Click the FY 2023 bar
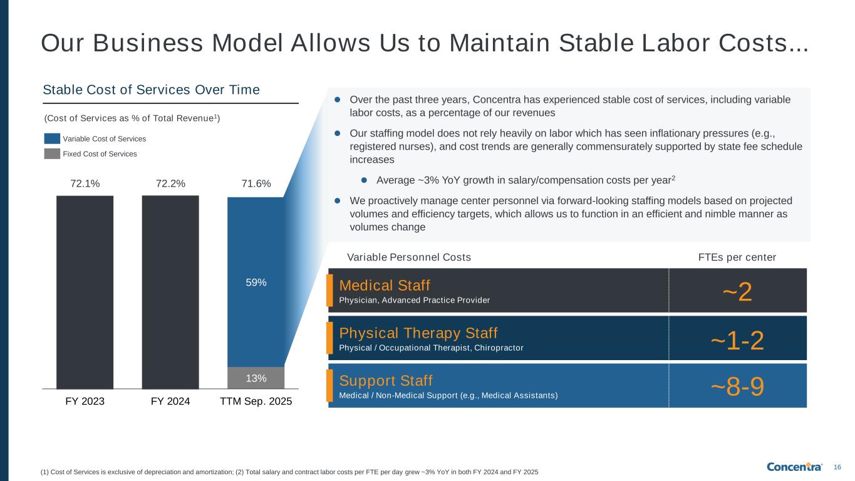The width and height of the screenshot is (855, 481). coord(85,292)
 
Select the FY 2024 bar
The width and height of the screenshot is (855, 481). coord(170,292)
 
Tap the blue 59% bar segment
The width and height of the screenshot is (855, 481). coord(256,282)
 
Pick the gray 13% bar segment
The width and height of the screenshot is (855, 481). coord(256,378)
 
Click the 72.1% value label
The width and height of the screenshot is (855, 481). coord(85,184)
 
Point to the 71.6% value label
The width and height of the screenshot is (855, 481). coord(256,184)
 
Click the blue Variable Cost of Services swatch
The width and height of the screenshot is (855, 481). coord(52,138)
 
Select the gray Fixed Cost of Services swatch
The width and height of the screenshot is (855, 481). coord(52,154)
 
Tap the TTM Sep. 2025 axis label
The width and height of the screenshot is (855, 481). coord(256,401)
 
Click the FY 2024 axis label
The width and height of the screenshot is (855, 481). coord(170,401)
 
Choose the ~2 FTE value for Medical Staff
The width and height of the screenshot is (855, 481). coord(737,292)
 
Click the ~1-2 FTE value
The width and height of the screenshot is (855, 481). coord(737,341)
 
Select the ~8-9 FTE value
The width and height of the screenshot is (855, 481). coord(737,386)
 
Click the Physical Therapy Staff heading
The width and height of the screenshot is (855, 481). coord(418,333)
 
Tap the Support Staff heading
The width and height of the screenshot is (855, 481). coord(386,381)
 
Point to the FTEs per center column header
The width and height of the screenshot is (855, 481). coord(737,257)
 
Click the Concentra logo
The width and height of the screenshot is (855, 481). coord(794,467)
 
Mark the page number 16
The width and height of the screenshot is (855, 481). coord(837,467)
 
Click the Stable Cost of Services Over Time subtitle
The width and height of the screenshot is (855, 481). coord(151,90)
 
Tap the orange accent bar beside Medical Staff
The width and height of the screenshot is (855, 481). coord(329,291)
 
